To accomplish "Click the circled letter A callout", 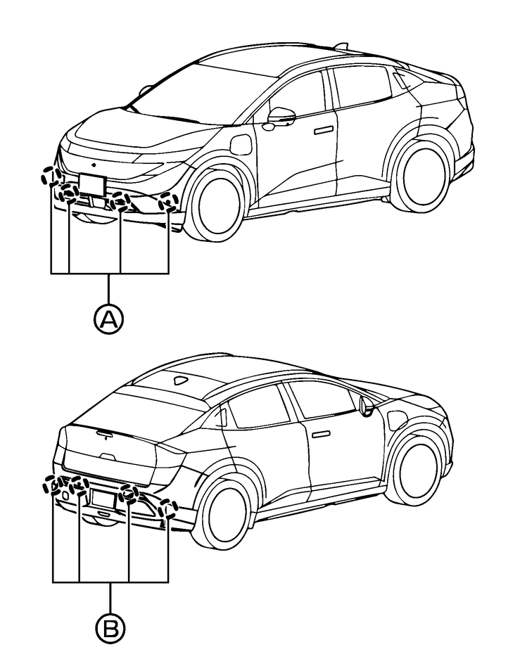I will [x=108, y=320].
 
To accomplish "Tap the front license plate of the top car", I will [x=91, y=183].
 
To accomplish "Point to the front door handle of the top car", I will [x=324, y=130].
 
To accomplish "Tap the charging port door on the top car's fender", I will [x=241, y=146].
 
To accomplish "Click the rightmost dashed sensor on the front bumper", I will [x=167, y=202].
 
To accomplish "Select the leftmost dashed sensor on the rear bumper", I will [x=52, y=485].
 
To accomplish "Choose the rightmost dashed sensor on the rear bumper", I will [x=167, y=508].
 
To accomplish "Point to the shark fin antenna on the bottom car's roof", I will [x=181, y=380].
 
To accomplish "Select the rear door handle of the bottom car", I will [x=322, y=434].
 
